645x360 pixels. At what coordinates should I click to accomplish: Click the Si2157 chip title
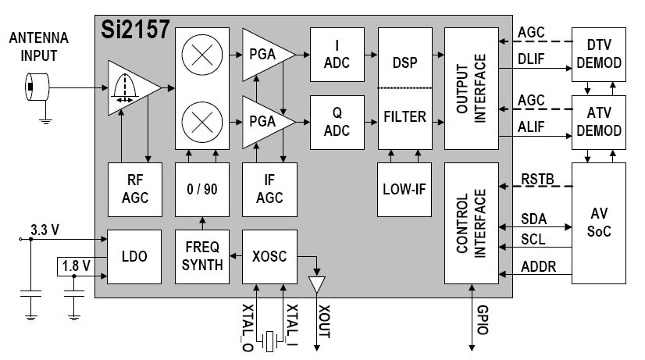(134, 30)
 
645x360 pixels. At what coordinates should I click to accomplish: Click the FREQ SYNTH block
(201, 255)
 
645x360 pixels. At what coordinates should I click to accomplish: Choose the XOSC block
(269, 255)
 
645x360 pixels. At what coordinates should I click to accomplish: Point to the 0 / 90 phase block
(201, 187)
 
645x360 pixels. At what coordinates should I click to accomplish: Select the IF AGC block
(269, 187)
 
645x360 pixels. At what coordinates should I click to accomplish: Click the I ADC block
(337, 54)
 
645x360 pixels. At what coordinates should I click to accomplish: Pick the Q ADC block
(337, 122)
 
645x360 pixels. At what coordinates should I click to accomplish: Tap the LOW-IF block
(404, 187)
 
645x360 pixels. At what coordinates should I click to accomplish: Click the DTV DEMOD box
(599, 54)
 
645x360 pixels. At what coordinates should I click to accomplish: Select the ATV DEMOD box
(599, 122)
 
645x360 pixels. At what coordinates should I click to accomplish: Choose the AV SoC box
(599, 223)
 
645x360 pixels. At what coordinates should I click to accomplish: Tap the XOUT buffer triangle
(316, 285)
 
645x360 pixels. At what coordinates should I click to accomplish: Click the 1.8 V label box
(75, 266)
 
